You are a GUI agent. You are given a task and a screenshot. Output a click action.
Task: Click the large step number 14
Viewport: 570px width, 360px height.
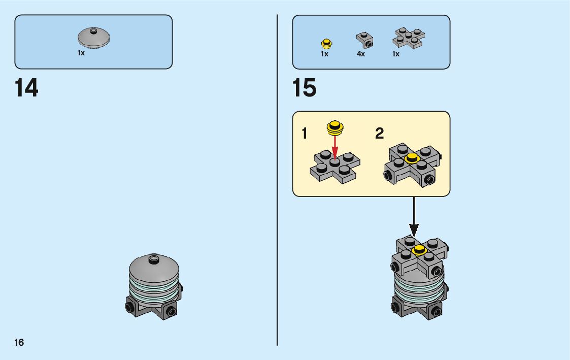point(26,88)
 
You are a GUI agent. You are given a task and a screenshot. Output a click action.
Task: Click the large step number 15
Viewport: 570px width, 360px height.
point(304,88)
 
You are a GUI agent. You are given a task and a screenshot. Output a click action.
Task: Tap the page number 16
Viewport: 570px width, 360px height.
point(19,342)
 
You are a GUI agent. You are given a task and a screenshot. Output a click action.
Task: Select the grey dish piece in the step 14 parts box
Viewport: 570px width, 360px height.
point(94,38)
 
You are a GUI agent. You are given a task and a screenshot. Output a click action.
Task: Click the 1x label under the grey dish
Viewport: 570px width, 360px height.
point(81,53)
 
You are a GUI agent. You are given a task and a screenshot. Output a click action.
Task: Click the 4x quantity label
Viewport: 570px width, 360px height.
point(361,54)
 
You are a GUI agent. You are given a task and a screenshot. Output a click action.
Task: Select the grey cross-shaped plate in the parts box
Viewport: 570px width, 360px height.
point(409,38)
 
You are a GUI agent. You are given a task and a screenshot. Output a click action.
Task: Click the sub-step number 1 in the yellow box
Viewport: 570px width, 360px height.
point(305,134)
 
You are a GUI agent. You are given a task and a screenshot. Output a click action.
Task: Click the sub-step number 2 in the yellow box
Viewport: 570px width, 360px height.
point(379,134)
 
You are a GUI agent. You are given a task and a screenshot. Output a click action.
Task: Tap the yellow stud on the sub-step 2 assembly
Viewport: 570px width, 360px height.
point(412,159)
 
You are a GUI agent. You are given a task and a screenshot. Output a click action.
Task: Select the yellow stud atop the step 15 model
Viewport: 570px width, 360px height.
point(419,249)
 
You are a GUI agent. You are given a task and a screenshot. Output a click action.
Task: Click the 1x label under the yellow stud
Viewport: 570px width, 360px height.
point(325,54)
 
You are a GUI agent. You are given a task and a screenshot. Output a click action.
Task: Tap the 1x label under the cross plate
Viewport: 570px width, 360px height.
point(396,54)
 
